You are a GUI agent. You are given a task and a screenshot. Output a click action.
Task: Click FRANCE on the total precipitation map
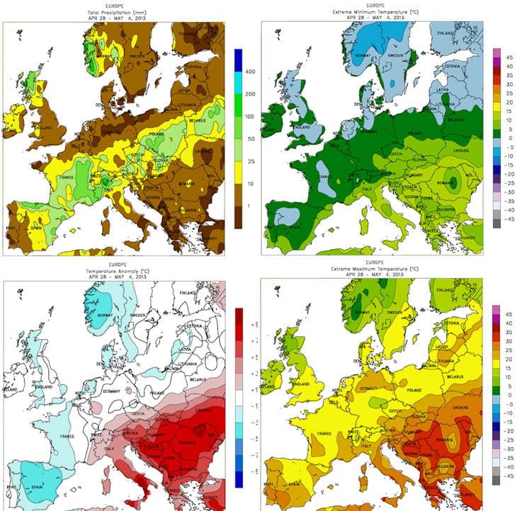[67, 178]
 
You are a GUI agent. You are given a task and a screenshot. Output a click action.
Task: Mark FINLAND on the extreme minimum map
[445, 33]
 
